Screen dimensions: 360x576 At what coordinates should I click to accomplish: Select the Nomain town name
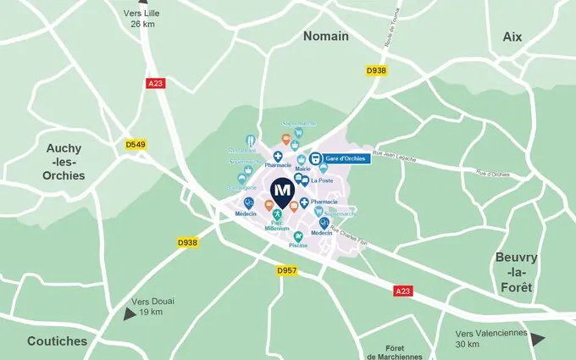pos(326,36)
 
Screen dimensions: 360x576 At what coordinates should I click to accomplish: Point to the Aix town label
pos(512,36)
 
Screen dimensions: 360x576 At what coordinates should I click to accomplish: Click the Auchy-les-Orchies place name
pos(64,162)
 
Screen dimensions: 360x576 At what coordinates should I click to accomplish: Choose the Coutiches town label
pos(57,341)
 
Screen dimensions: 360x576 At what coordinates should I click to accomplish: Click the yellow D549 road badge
pos(136,145)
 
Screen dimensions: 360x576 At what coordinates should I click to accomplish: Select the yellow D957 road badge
pos(288,270)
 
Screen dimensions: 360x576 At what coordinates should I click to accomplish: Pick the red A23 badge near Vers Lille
pos(156,84)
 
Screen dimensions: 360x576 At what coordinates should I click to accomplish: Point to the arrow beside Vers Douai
pos(128,313)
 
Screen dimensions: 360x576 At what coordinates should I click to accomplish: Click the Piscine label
pos(298,246)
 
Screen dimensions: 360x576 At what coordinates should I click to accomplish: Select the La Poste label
pos(321,180)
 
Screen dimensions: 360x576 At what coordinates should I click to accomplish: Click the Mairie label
pos(302,169)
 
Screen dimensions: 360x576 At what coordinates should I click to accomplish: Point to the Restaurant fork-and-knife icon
pos(250,141)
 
